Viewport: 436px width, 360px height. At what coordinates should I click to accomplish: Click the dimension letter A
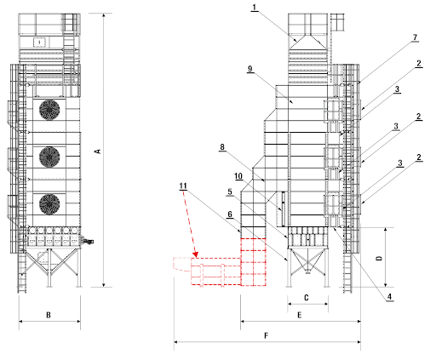[98, 151]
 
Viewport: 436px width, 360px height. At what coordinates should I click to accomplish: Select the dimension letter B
[49, 315]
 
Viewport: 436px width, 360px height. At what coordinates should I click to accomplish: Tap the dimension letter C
[307, 298]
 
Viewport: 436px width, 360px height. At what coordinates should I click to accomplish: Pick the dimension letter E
[299, 315]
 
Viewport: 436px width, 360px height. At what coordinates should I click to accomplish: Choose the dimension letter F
[266, 336]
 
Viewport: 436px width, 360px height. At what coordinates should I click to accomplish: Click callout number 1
[255, 7]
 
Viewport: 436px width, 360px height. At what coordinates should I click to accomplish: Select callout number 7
[415, 37]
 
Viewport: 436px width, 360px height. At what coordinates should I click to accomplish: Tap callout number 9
[250, 69]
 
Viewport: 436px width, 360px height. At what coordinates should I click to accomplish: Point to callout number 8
[222, 146]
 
